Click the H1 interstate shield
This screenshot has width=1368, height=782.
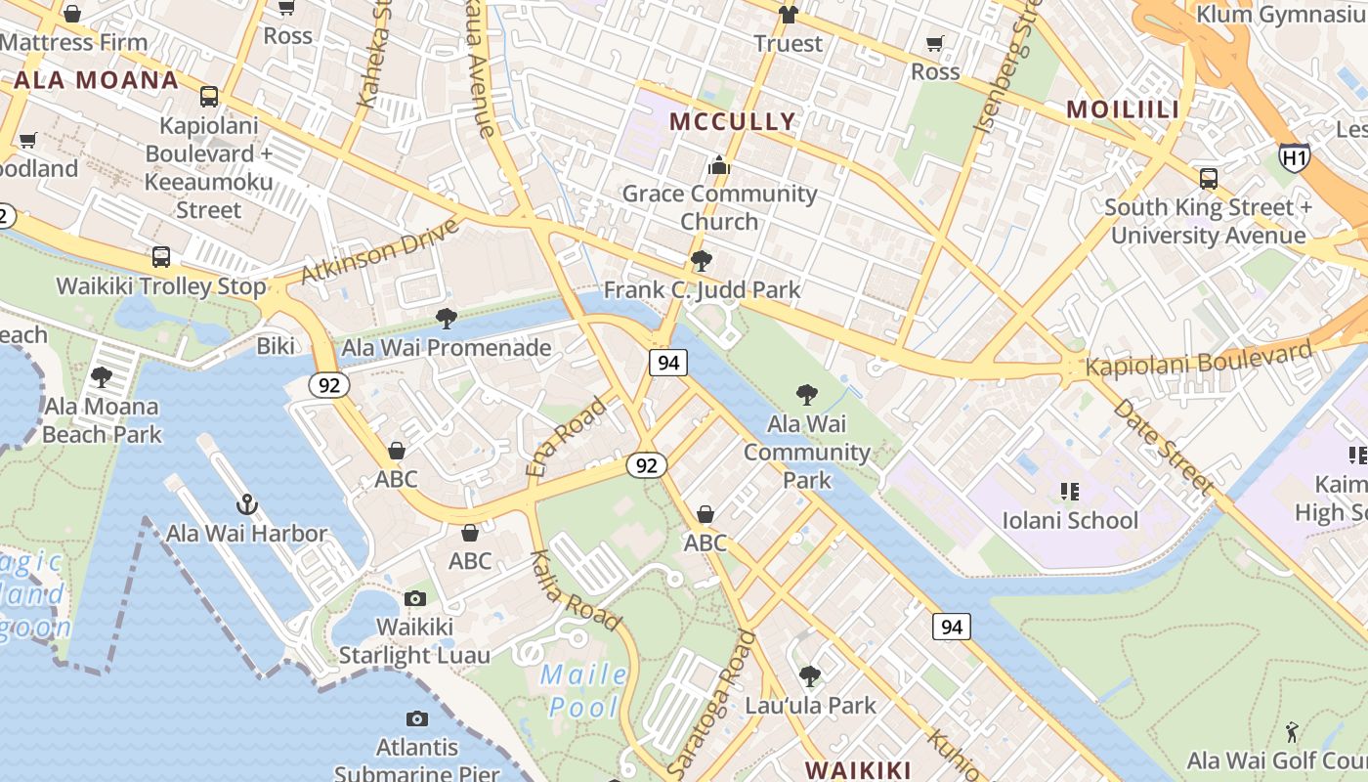pos(1294,156)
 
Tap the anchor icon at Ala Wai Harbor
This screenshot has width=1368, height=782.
pos(246,504)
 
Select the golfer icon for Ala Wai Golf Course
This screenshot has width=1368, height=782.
pos(1292,731)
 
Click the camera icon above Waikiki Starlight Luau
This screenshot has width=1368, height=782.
pos(415,598)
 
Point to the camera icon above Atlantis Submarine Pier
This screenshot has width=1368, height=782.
pos(417,719)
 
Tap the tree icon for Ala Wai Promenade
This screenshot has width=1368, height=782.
pos(447,318)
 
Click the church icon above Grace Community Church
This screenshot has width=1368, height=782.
pos(719,165)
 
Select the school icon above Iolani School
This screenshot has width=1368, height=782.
pos(1070,491)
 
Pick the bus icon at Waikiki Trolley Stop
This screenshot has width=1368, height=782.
pos(161,257)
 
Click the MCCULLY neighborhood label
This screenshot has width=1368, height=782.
pos(733,122)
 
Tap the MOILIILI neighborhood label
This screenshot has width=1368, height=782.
pos(1123,109)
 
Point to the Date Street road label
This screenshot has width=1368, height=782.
pos(1163,445)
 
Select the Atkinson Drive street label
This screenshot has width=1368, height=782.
pos(379,250)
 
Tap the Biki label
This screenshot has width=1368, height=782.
pos(275,346)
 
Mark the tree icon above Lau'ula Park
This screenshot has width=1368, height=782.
pos(809,675)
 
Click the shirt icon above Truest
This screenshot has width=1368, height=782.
pos(788,15)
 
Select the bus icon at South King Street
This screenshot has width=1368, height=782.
pos(1209,178)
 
